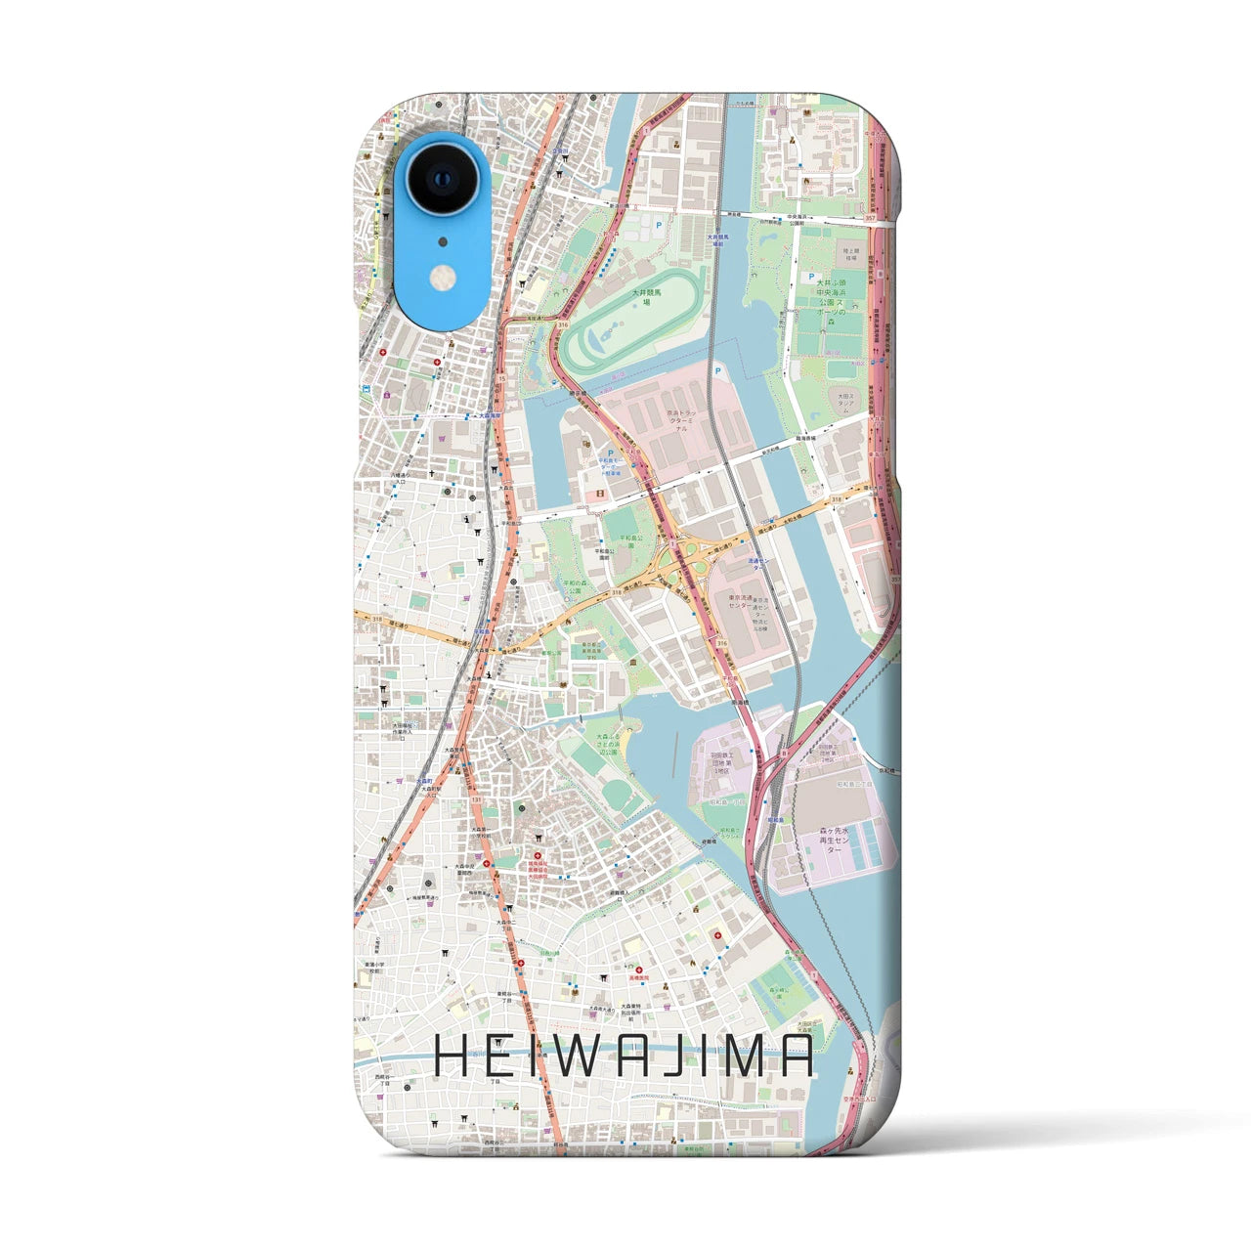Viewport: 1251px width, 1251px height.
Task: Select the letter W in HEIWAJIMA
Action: coord(573,1057)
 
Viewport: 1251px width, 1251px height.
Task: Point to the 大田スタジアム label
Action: coord(842,403)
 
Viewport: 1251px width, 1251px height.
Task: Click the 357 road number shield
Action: coord(870,218)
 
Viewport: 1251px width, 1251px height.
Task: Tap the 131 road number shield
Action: coord(476,799)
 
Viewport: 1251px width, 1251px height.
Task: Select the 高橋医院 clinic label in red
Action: coord(640,974)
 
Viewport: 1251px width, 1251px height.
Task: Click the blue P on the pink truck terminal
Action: coord(719,369)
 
